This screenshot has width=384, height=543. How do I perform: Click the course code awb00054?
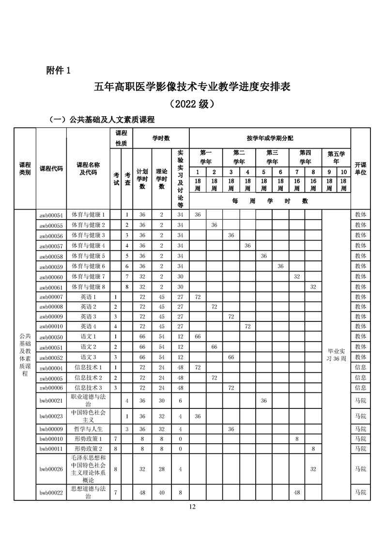point(51,214)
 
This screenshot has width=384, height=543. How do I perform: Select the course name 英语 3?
point(88,316)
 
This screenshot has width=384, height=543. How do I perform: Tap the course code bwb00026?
point(51,469)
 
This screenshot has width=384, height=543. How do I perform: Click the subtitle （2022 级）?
point(192,104)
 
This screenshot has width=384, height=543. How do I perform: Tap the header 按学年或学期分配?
point(270,138)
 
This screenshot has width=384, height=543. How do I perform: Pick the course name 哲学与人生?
point(88,429)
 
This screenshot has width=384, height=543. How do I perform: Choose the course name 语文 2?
point(88,347)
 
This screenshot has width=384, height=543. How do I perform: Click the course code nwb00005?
point(51,377)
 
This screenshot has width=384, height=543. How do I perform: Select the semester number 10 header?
point(343,172)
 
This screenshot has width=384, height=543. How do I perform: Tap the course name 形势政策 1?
point(88,438)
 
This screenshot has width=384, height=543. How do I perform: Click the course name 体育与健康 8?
point(88,287)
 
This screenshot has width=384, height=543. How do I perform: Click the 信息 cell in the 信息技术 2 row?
point(360,377)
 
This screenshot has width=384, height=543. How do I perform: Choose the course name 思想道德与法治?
point(88,492)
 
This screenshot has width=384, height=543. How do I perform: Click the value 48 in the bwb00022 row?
point(297,492)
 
